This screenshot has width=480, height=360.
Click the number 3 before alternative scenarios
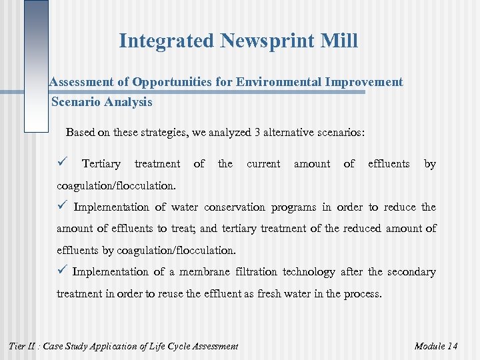pyautogui.click(x=257, y=132)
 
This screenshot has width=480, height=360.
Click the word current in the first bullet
pyautogui.click(x=263, y=163)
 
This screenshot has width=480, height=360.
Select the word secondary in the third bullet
pyautogui.click(x=411, y=271)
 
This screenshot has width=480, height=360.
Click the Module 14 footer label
pyautogui.click(x=435, y=345)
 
